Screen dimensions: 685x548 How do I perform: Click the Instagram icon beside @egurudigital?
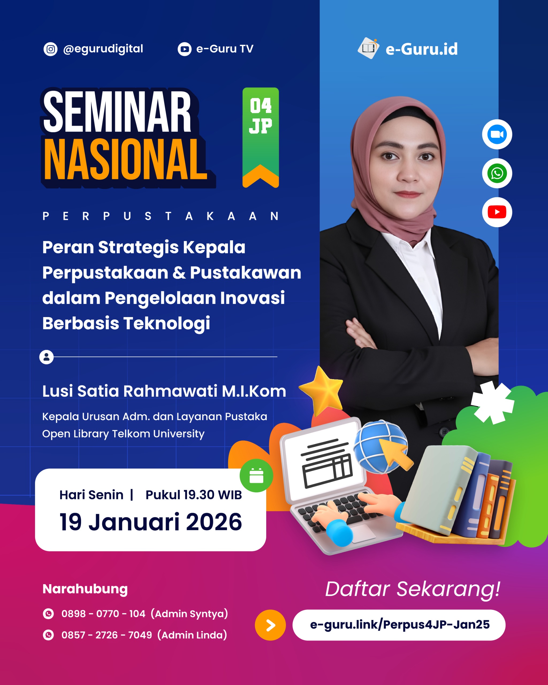coord(50,49)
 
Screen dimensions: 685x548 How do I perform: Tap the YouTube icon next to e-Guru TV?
coord(184,49)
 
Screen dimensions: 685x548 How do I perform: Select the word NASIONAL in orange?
coord(125,160)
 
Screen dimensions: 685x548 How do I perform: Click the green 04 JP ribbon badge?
coord(261,134)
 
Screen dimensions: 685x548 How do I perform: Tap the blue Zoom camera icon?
coord(497,134)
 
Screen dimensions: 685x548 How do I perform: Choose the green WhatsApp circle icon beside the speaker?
coord(497,173)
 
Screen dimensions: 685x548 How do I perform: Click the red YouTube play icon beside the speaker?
coord(497,212)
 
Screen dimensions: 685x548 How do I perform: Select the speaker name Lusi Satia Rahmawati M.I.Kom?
coord(164,391)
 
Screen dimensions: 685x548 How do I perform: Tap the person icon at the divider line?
coord(46,357)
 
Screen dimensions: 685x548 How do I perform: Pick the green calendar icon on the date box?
coord(256,476)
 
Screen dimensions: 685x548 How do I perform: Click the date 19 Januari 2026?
coord(151,522)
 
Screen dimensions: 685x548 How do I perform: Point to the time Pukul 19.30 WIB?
coord(193,495)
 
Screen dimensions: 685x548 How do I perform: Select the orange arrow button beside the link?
coord(270,625)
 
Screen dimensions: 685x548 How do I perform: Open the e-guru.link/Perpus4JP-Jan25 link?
coord(399,625)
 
